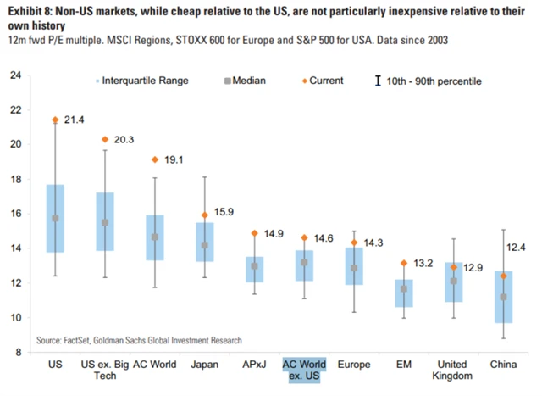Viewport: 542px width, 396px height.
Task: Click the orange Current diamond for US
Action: (55, 120)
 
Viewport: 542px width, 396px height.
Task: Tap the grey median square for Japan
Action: (205, 245)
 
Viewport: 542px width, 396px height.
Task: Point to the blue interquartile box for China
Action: (504, 297)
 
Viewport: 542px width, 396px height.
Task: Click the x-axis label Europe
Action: (354, 365)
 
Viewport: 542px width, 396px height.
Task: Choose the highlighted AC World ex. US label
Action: (304, 371)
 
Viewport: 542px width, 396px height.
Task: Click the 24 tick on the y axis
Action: (15, 75)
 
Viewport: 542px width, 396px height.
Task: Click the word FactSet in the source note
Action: (83, 340)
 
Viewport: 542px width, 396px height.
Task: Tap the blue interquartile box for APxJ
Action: (255, 269)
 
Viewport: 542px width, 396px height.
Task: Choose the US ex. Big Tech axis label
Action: (105, 371)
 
